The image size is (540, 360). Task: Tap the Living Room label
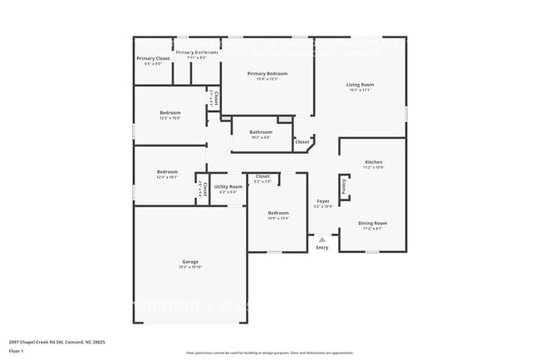coord(360,85)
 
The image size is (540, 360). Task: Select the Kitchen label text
coord(373,162)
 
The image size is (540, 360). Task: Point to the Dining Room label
coord(372,223)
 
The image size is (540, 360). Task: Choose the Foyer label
coord(322,200)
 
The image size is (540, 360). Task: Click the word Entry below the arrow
coord(322,248)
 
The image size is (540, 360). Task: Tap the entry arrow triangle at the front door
coord(322,238)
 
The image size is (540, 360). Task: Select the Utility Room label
coord(228,187)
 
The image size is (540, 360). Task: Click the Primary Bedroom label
coord(267,73)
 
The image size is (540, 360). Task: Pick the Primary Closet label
coord(153,58)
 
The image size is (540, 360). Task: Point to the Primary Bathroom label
coord(197,52)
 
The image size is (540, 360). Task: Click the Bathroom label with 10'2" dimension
coord(261,131)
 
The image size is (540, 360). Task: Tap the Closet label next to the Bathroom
coord(302,142)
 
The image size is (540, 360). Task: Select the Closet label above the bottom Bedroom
coord(262,175)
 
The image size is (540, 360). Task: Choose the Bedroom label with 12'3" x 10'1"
coord(167,172)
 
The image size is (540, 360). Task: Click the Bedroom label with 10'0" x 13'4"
coord(277,214)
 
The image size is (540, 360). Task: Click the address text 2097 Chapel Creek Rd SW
coord(56,342)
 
